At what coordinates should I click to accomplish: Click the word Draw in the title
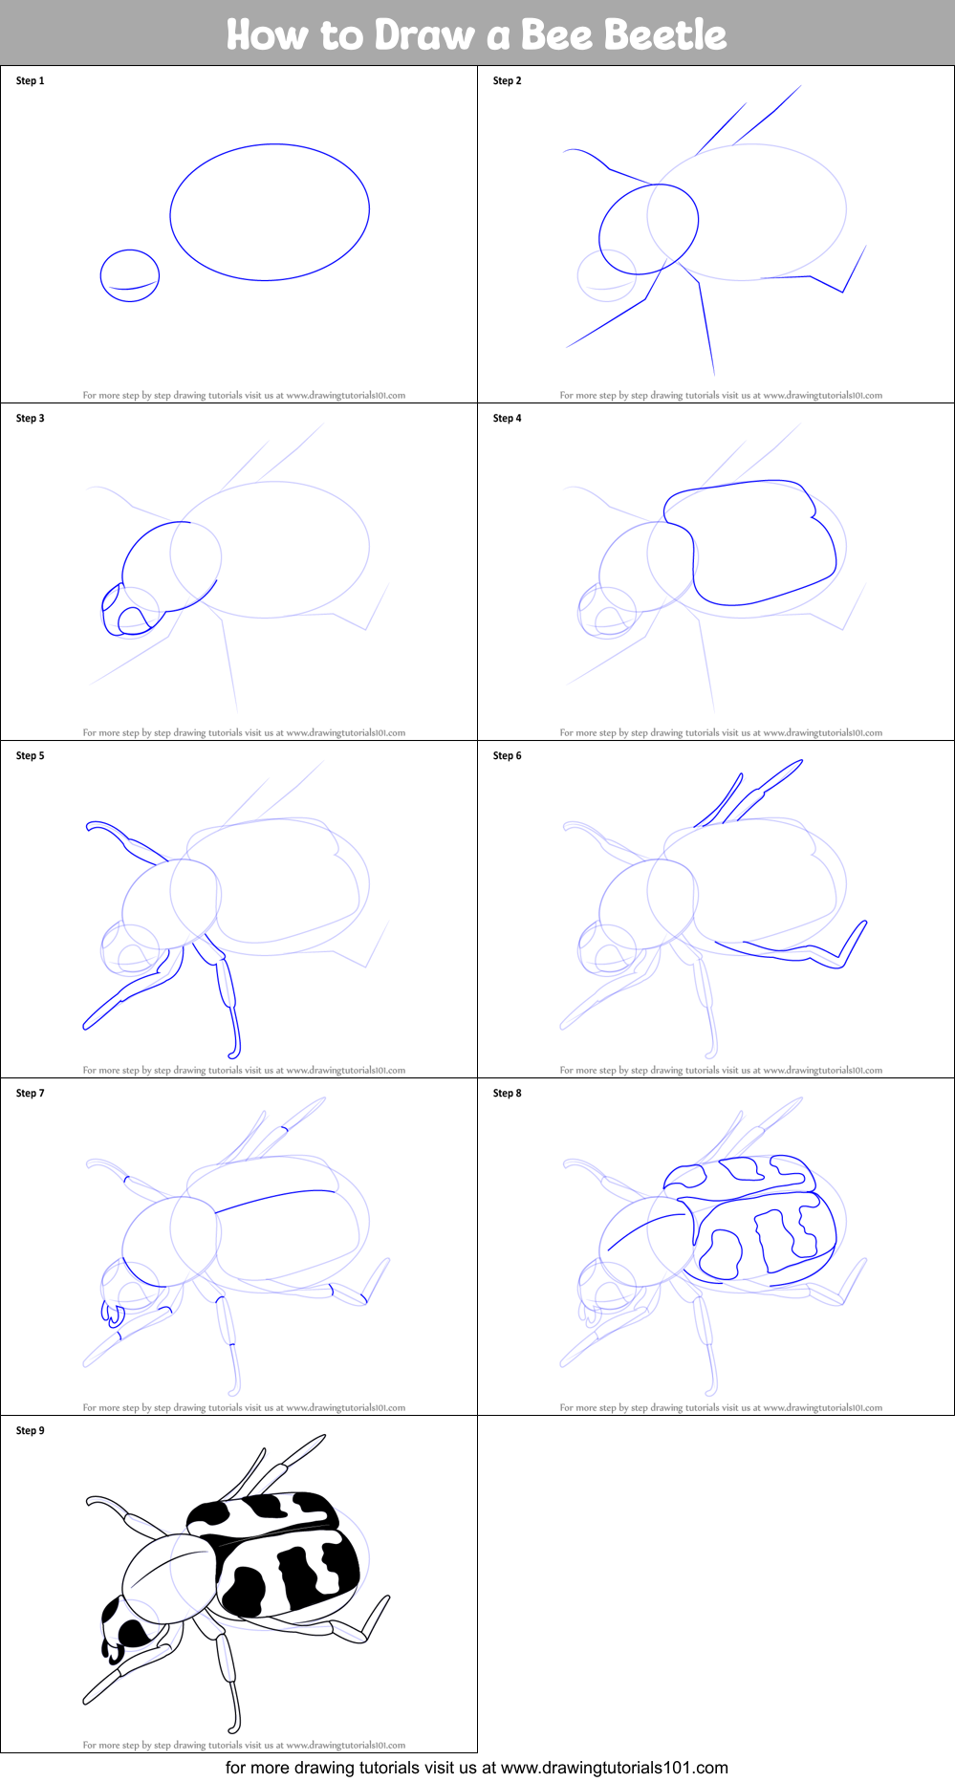click(x=424, y=34)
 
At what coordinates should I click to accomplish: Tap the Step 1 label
click(x=30, y=81)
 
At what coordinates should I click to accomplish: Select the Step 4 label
click(x=507, y=419)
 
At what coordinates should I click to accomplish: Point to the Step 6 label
click(x=507, y=756)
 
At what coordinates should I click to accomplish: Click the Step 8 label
click(x=507, y=1094)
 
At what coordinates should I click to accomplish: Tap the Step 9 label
click(x=30, y=1431)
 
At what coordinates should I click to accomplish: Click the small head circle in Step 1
click(x=130, y=276)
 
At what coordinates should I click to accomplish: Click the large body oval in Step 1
click(x=270, y=212)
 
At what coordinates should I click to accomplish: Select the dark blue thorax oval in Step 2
click(x=648, y=229)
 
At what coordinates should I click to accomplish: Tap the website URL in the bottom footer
click(x=614, y=1768)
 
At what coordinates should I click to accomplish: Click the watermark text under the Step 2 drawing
click(x=721, y=395)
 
